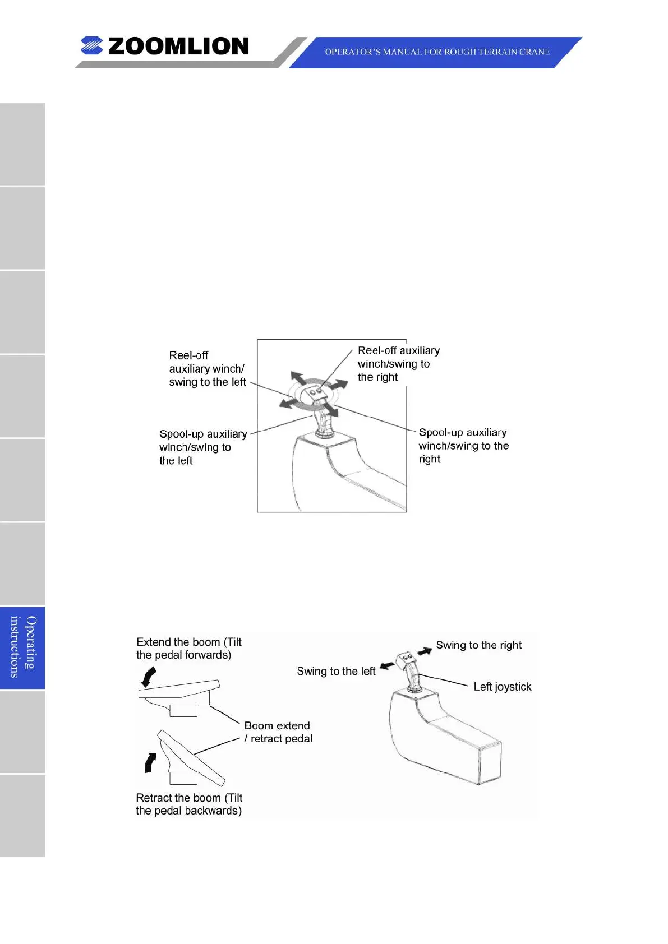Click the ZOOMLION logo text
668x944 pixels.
coord(178,47)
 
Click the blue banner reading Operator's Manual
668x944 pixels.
coord(437,52)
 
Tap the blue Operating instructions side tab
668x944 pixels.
coord(22,647)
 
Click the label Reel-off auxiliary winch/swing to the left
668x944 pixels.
coord(207,369)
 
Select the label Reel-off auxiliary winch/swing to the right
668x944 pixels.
coord(398,364)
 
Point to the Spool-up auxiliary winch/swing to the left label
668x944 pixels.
coord(202,447)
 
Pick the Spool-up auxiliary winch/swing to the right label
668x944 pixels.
coord(463,446)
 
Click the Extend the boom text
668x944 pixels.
coord(188,649)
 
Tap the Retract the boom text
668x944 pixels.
coord(188,804)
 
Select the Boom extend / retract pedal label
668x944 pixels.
coord(278,732)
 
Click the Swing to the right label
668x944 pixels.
coord(478,645)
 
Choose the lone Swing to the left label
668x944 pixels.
coord(336,672)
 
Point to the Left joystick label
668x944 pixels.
coord(502,687)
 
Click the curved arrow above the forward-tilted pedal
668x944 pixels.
coord(149,677)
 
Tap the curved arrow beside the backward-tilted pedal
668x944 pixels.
coord(150,762)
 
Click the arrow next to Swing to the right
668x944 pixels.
coord(425,651)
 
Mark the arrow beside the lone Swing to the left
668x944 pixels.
coord(386,666)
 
